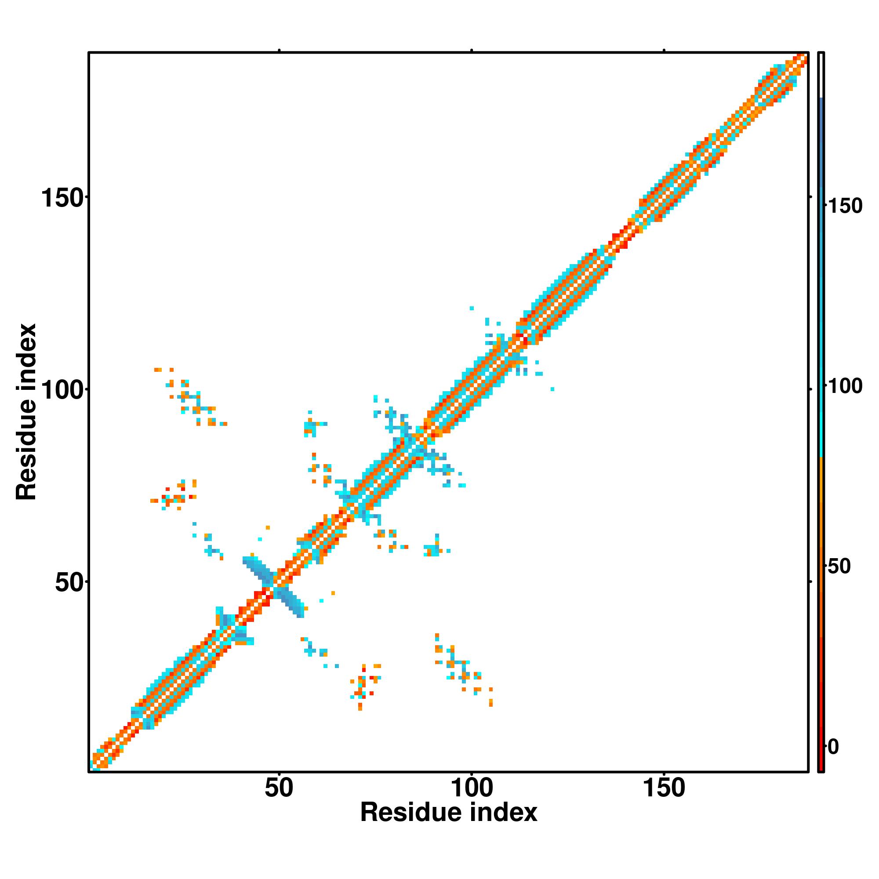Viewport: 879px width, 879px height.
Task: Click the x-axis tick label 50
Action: pos(279,789)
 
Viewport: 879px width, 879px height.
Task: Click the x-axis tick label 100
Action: pos(472,789)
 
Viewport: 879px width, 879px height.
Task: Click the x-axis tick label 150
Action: pos(664,789)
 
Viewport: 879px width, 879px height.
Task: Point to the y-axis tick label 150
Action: pos(63,198)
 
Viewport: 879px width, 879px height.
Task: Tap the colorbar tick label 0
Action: pos(833,747)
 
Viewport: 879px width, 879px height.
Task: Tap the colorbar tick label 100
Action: pos(845,387)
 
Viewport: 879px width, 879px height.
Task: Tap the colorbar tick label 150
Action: pos(845,206)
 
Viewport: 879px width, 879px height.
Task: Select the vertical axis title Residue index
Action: pos(26,412)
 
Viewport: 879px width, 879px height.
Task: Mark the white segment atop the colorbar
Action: pos(821,75)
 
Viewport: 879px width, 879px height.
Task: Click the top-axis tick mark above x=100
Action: pos(472,51)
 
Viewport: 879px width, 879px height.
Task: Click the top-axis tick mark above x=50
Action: pos(279,51)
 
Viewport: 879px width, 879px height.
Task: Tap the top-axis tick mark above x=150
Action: pos(664,51)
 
